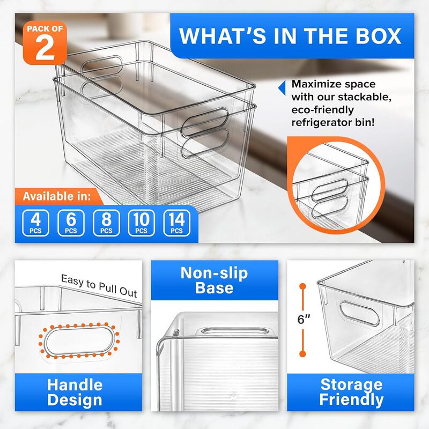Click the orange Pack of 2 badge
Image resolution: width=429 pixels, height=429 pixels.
[45, 43]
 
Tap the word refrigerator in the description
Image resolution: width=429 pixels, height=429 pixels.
[327, 122]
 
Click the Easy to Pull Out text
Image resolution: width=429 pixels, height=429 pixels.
[99, 285]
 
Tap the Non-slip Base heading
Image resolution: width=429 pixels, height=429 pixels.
[214, 280]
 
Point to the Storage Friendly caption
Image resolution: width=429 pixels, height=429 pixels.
[351, 392]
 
